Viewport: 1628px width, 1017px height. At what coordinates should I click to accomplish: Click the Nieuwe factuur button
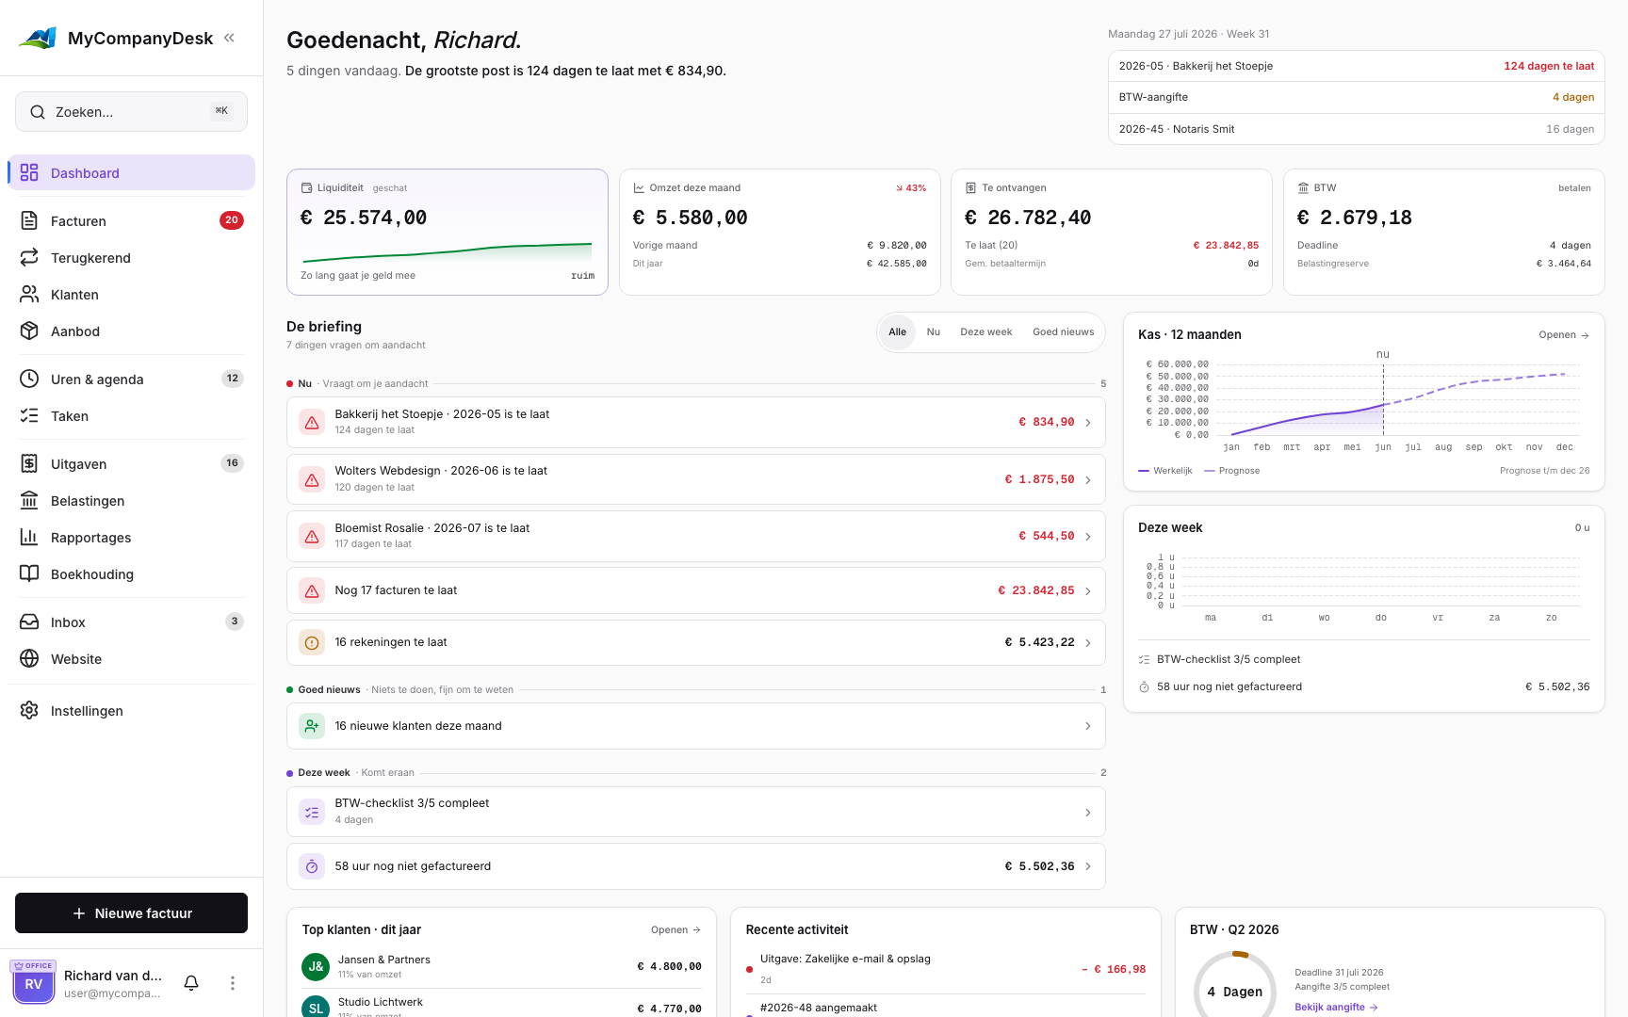[x=131, y=913]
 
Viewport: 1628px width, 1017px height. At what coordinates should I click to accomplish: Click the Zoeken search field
[x=131, y=112]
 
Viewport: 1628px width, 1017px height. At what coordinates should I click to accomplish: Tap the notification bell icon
[x=191, y=983]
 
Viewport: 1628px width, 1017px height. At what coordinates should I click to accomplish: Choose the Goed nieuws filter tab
[x=1063, y=332]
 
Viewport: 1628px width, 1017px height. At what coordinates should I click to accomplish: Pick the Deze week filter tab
[x=985, y=332]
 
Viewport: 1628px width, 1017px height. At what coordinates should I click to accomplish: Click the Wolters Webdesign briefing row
[x=695, y=479]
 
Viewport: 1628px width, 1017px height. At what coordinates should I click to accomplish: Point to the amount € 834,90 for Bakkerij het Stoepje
[x=1046, y=422]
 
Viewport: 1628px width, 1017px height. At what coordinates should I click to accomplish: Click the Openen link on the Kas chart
[x=1564, y=335]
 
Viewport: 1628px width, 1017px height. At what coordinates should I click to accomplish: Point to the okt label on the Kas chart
[x=1504, y=447]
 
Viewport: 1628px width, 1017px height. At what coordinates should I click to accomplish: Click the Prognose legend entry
[x=1231, y=471]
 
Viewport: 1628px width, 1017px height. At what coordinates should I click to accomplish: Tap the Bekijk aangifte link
[x=1336, y=1008]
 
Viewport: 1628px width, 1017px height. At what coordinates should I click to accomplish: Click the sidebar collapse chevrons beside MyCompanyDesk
[x=229, y=39]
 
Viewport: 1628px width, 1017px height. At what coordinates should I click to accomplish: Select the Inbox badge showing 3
[x=235, y=621]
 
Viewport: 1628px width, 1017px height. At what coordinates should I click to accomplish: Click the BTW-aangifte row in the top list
[x=1356, y=98]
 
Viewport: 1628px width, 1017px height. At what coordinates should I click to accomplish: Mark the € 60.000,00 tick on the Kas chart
[x=1177, y=364]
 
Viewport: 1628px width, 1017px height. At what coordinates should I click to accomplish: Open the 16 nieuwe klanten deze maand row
[x=695, y=726]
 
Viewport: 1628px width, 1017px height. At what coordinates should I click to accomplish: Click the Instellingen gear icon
[x=29, y=711]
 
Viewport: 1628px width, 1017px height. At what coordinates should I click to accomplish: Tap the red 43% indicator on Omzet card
[x=911, y=188]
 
